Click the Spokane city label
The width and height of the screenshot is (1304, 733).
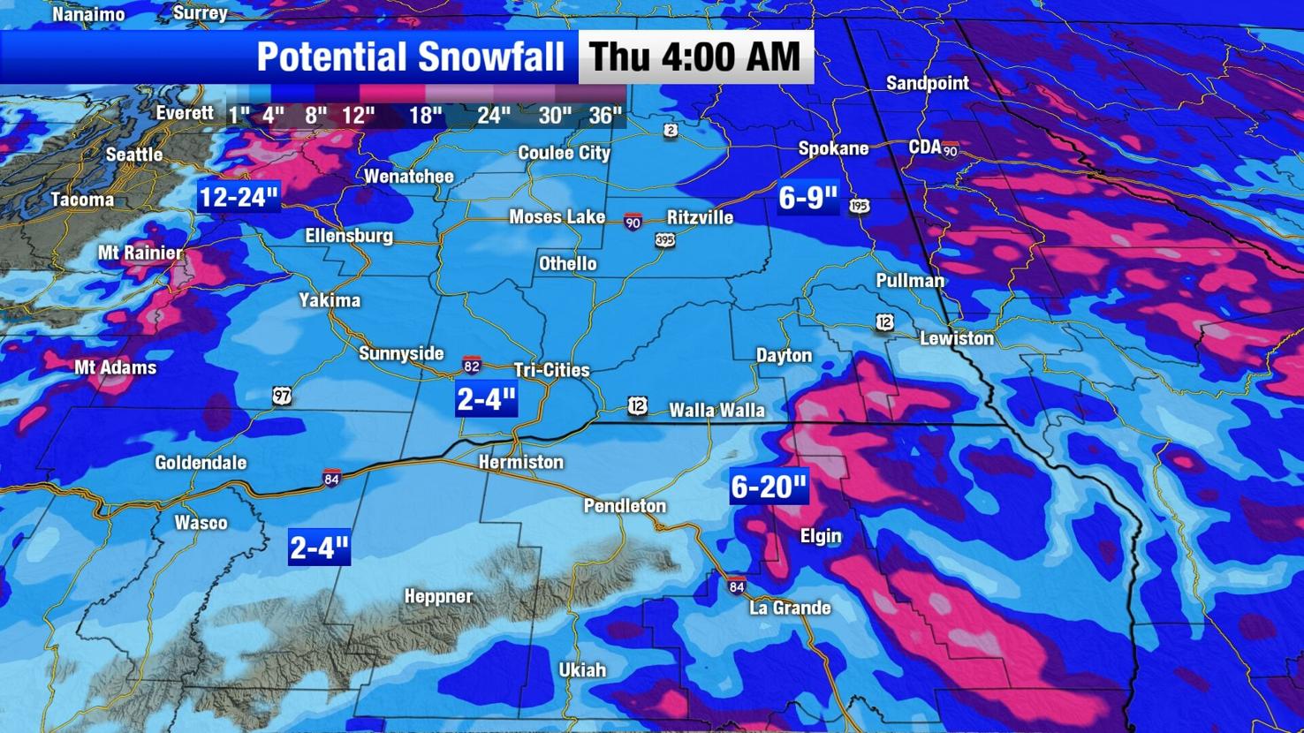[x=833, y=148]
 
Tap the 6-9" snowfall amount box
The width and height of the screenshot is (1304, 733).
[x=807, y=198]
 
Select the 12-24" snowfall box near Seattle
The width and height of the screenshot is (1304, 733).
[x=239, y=197]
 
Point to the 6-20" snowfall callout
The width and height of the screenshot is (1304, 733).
[x=769, y=487]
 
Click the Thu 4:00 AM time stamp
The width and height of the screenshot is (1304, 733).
[x=695, y=57]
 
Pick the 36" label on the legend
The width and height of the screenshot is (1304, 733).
[x=605, y=116]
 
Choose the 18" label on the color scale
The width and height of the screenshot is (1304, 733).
[x=425, y=116]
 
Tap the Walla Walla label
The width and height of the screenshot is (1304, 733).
[x=716, y=410]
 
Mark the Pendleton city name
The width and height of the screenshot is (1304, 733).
[x=625, y=506]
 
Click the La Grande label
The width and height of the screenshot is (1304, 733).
[x=790, y=608]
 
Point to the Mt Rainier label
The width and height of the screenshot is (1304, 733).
[x=140, y=253]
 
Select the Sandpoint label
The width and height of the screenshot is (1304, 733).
[x=927, y=83]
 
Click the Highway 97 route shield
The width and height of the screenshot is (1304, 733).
[x=282, y=396]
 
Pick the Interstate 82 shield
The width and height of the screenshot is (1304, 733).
[x=473, y=365]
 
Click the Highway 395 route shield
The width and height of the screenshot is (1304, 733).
[x=665, y=239]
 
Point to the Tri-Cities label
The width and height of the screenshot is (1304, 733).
[x=551, y=370]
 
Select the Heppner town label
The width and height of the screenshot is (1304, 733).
[x=438, y=596]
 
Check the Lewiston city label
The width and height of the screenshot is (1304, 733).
[x=956, y=338]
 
